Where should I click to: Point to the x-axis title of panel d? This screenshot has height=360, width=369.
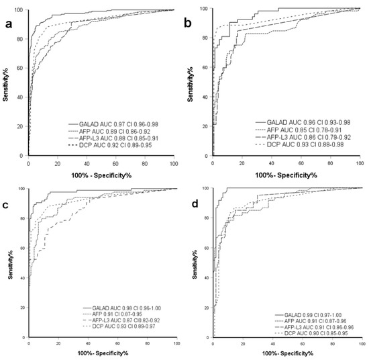click(286, 353)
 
